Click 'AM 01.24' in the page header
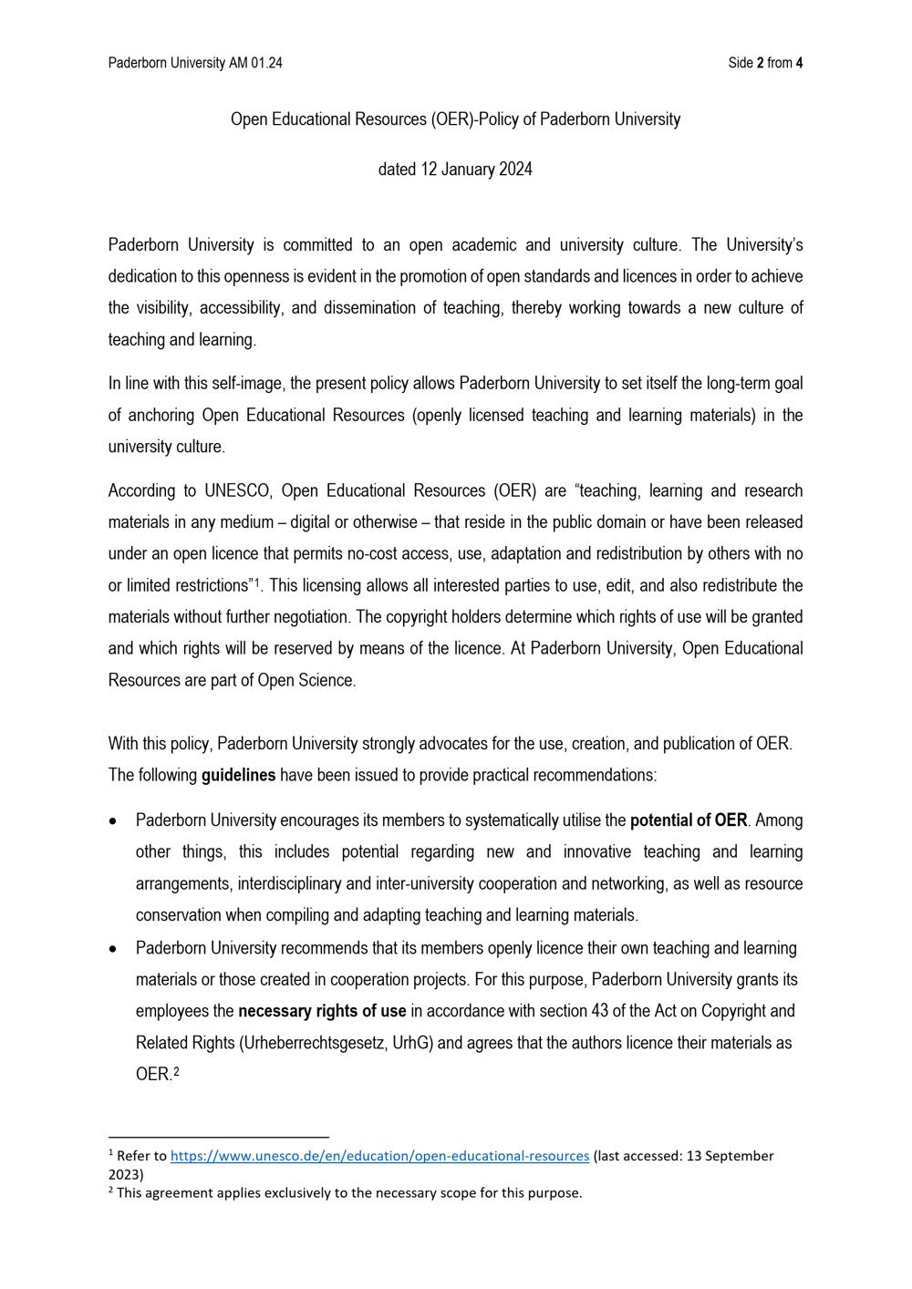tap(255, 63)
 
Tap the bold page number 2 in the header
tap(761, 63)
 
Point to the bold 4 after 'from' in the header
tap(799, 63)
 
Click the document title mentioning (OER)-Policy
tap(455, 119)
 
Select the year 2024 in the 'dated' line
tap(515, 170)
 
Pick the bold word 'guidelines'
tap(238, 776)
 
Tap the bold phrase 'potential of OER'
tap(689, 820)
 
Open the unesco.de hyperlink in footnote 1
tap(379, 1156)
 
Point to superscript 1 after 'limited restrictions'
tap(258, 582)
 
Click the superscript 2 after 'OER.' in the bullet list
tap(176, 1072)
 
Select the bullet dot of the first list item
tap(112, 821)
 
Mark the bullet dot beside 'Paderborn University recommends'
tap(112, 949)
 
